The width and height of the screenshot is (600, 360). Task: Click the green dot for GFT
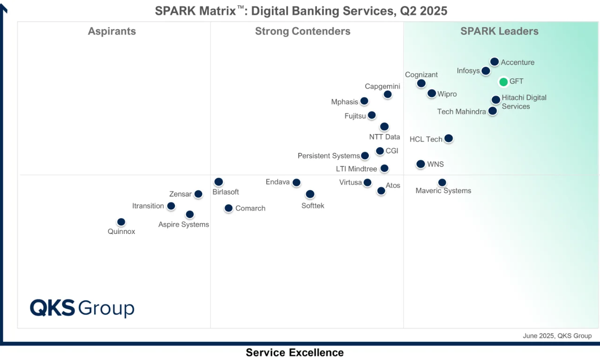tap(503, 82)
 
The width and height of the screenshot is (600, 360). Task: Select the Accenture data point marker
tap(494, 62)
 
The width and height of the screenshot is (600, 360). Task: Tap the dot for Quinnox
tap(121, 222)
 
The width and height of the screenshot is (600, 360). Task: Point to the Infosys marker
tap(486, 71)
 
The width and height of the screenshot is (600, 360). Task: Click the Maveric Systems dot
tap(442, 183)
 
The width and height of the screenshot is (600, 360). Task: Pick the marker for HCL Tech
tap(448, 138)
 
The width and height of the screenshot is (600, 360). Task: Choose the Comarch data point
tap(228, 208)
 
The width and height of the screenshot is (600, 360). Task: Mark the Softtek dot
tap(310, 194)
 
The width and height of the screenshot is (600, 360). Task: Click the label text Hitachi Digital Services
tap(524, 102)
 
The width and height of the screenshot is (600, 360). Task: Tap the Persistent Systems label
tap(329, 156)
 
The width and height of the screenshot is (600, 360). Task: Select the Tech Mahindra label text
tap(461, 112)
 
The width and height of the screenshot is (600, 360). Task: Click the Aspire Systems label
tap(183, 225)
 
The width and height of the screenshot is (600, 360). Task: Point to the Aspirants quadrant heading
tap(112, 31)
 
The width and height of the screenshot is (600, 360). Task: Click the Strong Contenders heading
tap(302, 31)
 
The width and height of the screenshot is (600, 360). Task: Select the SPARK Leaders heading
tap(499, 31)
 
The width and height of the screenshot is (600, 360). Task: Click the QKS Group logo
tap(82, 308)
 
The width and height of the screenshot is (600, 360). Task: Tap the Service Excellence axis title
tap(294, 352)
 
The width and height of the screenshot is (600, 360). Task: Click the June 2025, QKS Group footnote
tap(557, 336)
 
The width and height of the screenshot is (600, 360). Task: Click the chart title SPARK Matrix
tap(301, 11)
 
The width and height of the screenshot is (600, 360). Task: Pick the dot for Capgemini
tap(387, 95)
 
